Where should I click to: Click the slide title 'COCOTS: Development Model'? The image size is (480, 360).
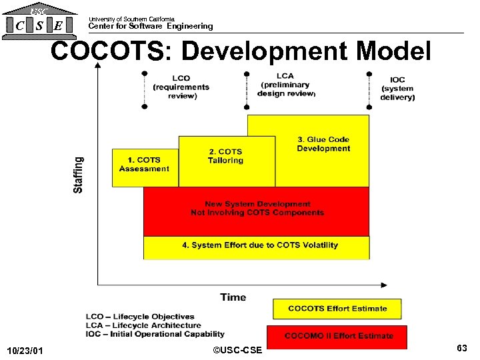241,51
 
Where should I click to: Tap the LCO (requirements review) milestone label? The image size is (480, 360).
181,87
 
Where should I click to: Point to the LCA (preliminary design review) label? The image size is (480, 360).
285,85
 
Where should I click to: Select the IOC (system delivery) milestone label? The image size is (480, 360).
397,89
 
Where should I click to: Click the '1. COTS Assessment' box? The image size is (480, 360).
144,165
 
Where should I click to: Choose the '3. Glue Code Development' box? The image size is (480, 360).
323,144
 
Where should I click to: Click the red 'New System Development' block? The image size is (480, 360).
257,209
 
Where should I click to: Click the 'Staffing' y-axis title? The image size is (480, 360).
79,175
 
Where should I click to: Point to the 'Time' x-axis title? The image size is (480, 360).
233,297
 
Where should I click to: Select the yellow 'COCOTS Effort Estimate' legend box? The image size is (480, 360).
337,309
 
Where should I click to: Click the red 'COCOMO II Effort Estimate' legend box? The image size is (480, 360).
337,335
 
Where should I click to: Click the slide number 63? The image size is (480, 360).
461,349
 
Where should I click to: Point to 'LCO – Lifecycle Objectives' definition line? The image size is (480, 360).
140,317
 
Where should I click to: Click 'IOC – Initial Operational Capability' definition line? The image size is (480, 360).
155,334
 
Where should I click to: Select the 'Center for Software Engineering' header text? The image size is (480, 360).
151,26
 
